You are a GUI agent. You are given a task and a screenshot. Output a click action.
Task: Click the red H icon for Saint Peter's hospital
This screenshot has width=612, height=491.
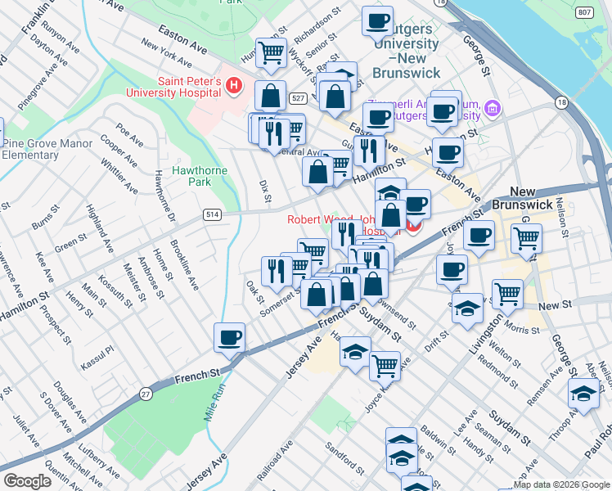234,84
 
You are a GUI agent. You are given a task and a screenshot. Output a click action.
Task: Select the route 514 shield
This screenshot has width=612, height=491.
211,214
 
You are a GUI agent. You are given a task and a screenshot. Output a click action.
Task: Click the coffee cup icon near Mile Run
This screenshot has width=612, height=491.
229,336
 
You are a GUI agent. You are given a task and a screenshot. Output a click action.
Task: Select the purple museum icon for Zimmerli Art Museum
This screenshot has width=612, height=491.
492,108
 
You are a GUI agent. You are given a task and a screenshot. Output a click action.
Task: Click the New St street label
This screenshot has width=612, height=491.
554,305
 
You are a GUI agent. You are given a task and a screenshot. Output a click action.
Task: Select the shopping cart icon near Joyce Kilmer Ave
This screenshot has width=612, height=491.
384,364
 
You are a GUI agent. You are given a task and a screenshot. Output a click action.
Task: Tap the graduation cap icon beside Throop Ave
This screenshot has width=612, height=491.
583,394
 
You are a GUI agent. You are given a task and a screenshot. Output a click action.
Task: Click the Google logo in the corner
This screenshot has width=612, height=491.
28,481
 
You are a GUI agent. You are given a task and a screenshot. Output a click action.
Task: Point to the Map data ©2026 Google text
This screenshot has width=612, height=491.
561,484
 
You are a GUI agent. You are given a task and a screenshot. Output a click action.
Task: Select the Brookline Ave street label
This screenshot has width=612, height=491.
184,265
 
